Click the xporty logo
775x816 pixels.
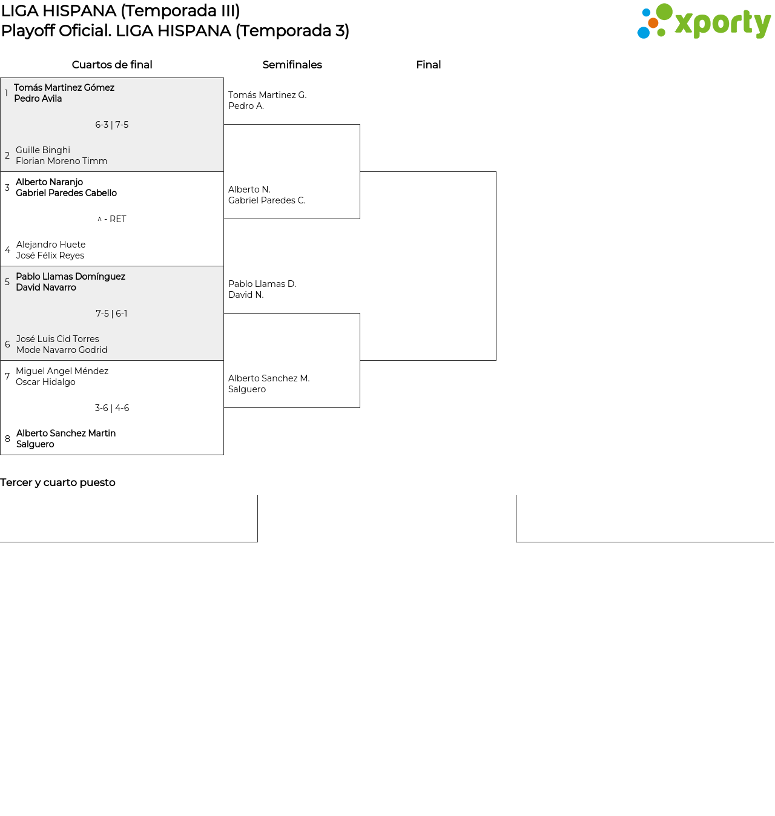(x=704, y=21)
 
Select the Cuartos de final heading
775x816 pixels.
(x=112, y=65)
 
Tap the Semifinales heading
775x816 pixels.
(x=292, y=65)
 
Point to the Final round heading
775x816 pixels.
(x=428, y=65)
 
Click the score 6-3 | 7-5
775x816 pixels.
(x=112, y=125)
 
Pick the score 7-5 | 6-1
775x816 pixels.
(x=112, y=314)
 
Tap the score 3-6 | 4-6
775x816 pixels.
(x=112, y=408)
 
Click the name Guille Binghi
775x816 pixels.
(x=43, y=150)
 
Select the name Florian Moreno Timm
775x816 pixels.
(x=62, y=161)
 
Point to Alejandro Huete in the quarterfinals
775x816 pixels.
(x=51, y=245)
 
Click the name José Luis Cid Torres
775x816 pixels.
(x=58, y=338)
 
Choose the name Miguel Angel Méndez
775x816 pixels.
(x=62, y=371)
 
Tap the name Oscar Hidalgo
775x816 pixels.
(x=45, y=382)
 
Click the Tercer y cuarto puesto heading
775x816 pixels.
(x=58, y=482)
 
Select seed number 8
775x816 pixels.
(x=7, y=439)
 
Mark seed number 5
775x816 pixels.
(x=7, y=282)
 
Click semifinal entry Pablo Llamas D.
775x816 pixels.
(x=262, y=284)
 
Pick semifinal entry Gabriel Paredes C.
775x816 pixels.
(x=266, y=200)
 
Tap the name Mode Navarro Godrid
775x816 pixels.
(x=62, y=350)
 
